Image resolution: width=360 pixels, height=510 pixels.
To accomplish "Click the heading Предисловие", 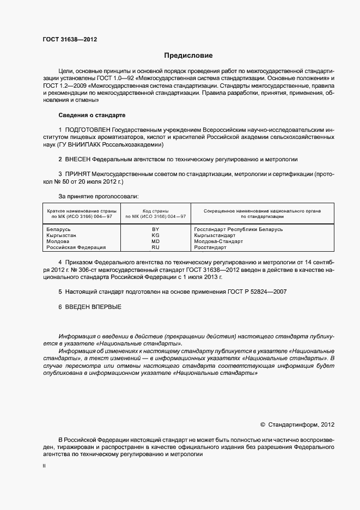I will click(188, 56).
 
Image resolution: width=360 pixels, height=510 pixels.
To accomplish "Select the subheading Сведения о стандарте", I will click(91, 116).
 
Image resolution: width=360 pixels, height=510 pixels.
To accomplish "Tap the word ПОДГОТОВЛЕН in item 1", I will click(87, 130).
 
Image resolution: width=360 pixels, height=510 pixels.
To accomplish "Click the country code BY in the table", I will click(155, 230).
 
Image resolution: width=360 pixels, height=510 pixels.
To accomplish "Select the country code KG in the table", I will click(155, 235).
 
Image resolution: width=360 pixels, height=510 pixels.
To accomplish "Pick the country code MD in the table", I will click(155, 241).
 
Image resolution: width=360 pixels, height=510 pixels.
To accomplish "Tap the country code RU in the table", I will click(155, 247).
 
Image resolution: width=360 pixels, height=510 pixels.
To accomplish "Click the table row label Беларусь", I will click(59, 230).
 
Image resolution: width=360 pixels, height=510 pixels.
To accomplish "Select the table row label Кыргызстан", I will click(62, 235).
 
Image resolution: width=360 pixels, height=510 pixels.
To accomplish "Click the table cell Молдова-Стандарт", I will click(218, 241).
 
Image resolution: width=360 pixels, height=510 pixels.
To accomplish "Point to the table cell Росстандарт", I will click(210, 247).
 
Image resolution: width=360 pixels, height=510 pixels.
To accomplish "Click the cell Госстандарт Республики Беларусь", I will click(239, 230).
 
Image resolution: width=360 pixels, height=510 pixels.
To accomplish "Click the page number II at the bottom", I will click(44, 466).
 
